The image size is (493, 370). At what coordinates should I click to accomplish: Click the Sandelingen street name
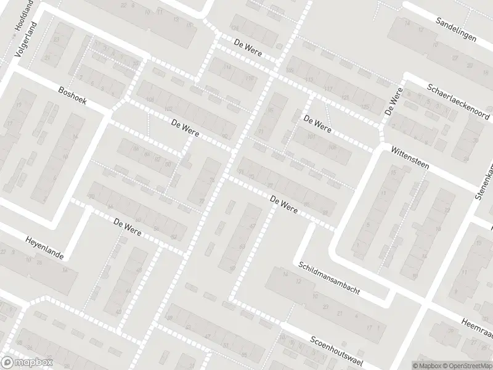[x=456, y=29]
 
